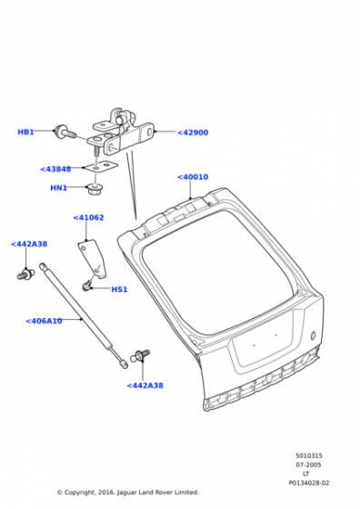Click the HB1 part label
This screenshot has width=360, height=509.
(25, 132)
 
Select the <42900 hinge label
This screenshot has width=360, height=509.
(193, 133)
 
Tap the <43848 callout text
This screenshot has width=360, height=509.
(55, 169)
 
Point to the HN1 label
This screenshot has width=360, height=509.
(59, 187)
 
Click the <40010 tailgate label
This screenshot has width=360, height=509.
(193, 177)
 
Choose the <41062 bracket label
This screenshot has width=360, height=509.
(88, 217)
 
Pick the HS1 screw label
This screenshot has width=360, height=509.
(119, 289)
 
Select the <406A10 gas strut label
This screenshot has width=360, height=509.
(44, 321)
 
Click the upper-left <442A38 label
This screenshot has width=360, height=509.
(29, 244)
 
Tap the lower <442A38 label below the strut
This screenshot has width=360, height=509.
(145, 385)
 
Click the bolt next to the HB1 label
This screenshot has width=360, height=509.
(65, 132)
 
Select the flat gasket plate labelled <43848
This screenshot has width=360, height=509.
(101, 166)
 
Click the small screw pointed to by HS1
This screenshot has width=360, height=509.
(86, 286)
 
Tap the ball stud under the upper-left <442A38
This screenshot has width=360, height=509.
(25, 274)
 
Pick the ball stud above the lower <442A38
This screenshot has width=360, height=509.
(140, 355)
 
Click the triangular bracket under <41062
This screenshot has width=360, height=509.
(93, 258)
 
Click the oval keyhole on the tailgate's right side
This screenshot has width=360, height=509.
(314, 335)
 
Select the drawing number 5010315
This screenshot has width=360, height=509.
(309, 455)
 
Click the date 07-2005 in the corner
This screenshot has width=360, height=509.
(308, 464)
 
